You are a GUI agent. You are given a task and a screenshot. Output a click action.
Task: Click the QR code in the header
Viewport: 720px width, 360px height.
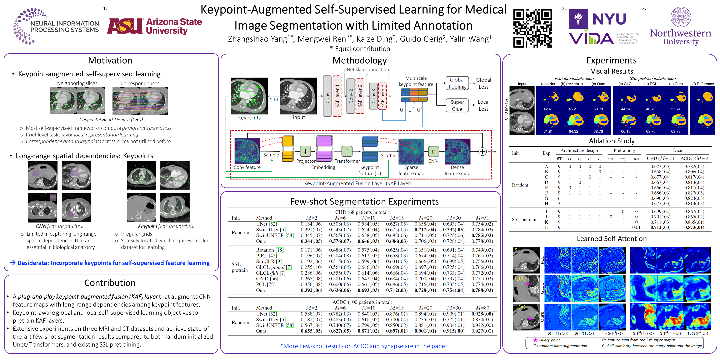tap(532, 28)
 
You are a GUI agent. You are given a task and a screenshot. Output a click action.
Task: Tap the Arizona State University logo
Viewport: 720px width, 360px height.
tap(155, 26)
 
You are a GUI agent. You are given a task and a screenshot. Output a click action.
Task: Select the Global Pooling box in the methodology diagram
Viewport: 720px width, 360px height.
tap(457, 83)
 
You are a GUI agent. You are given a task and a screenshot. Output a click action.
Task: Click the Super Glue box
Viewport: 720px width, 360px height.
tap(457, 105)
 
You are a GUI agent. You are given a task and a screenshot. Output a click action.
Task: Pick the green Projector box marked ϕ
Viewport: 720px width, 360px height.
tap(305, 151)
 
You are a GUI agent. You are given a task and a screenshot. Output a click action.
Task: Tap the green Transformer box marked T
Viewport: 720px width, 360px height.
tap(347, 151)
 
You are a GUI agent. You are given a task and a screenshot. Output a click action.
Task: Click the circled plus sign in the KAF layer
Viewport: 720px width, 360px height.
tap(482, 151)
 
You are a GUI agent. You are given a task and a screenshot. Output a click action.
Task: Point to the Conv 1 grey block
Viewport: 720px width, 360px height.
tap(327, 96)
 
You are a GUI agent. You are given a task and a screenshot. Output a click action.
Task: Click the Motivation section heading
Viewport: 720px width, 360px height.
tap(110, 60)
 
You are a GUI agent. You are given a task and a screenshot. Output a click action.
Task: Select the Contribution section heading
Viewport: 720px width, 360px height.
tap(110, 283)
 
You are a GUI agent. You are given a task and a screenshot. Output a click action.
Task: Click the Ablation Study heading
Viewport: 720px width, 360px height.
tap(612, 141)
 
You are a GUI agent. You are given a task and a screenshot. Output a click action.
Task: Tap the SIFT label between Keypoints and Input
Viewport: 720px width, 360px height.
tap(274, 100)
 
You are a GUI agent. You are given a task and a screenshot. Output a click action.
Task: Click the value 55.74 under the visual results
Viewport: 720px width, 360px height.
tap(676, 109)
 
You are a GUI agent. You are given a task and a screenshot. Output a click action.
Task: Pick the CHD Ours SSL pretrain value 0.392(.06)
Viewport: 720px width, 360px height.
tap(311, 290)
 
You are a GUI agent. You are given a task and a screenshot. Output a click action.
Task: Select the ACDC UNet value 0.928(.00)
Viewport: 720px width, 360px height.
tap(482, 314)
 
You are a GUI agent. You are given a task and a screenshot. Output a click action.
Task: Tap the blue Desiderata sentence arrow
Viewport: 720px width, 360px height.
tap(12, 262)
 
